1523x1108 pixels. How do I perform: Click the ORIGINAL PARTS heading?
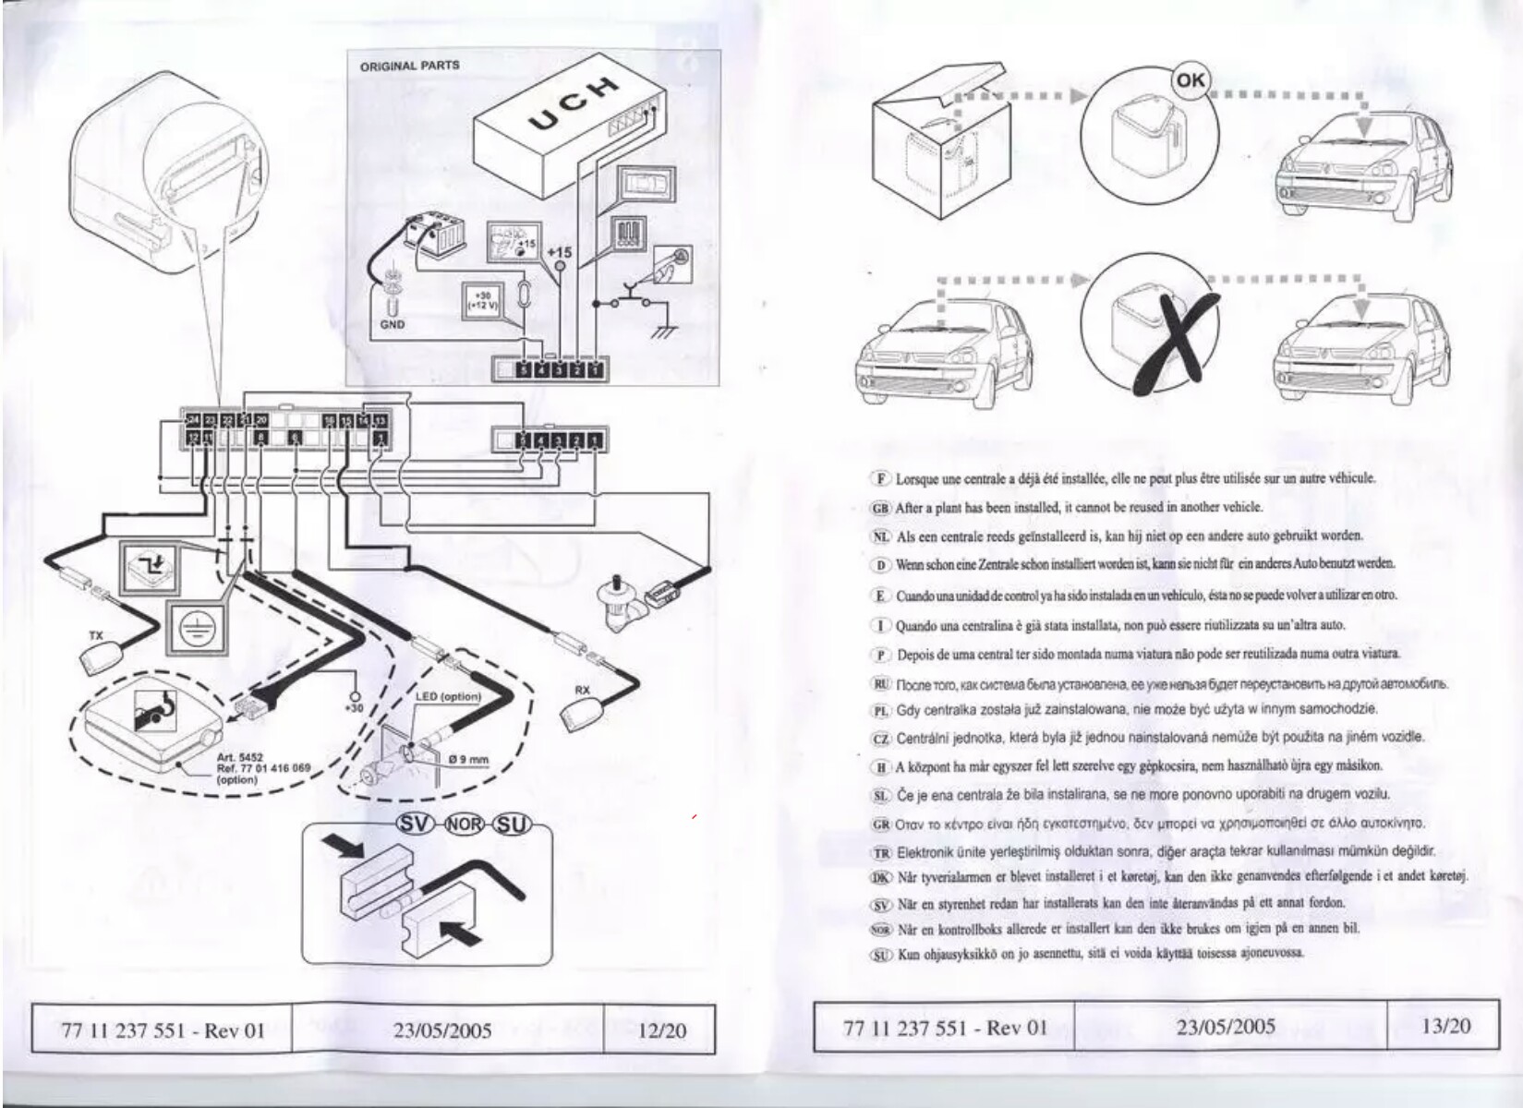pyautogui.click(x=409, y=66)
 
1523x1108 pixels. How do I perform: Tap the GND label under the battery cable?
pyautogui.click(x=392, y=324)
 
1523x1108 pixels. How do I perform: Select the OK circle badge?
pyautogui.click(x=1191, y=79)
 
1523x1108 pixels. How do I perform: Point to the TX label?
pyautogui.click(x=96, y=636)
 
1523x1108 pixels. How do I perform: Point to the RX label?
pyautogui.click(x=582, y=690)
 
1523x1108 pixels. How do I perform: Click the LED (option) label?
pyautogui.click(x=448, y=696)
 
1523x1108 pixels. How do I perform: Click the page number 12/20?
pyautogui.click(x=661, y=1030)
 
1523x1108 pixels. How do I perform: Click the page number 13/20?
pyautogui.click(x=1446, y=1026)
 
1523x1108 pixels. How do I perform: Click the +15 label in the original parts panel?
pyautogui.click(x=559, y=252)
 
